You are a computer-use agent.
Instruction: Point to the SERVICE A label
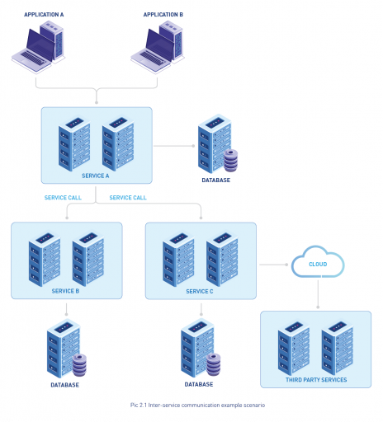coord(96,176)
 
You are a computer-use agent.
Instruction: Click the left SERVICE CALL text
coord(62,198)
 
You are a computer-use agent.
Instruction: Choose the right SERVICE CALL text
coord(128,198)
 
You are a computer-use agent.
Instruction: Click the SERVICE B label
coord(65,291)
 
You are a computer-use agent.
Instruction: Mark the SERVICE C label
coord(200,291)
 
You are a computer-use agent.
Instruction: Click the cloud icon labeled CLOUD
coord(318,264)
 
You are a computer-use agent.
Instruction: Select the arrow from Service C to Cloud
coord(275,265)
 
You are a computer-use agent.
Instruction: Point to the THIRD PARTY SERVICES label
coord(316,380)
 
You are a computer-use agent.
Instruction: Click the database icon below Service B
coord(66,351)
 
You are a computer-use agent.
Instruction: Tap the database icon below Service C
coord(200,351)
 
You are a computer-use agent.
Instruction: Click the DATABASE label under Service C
coord(199,384)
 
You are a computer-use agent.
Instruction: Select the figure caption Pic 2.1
coord(197,406)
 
